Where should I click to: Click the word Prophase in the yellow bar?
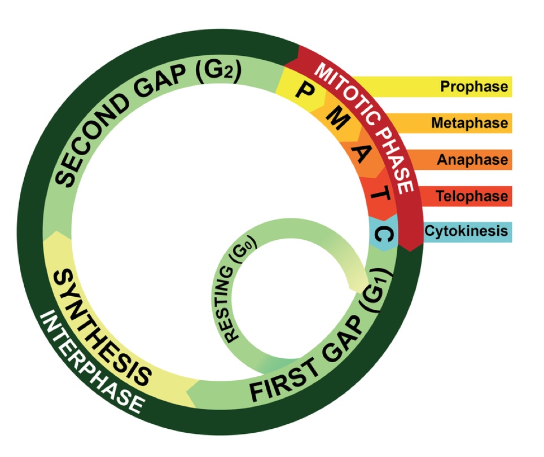pos(474,87)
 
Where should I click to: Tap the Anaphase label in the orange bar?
pos(472,160)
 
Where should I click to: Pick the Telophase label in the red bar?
pos(471,196)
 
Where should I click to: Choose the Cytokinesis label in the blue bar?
pos(466,231)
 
